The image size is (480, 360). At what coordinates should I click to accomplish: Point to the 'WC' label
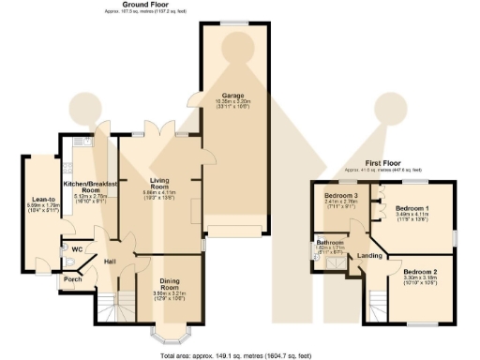pyautogui.click(x=64, y=249)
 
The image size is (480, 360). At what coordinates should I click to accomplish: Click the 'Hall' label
pyautogui.click(x=110, y=261)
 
